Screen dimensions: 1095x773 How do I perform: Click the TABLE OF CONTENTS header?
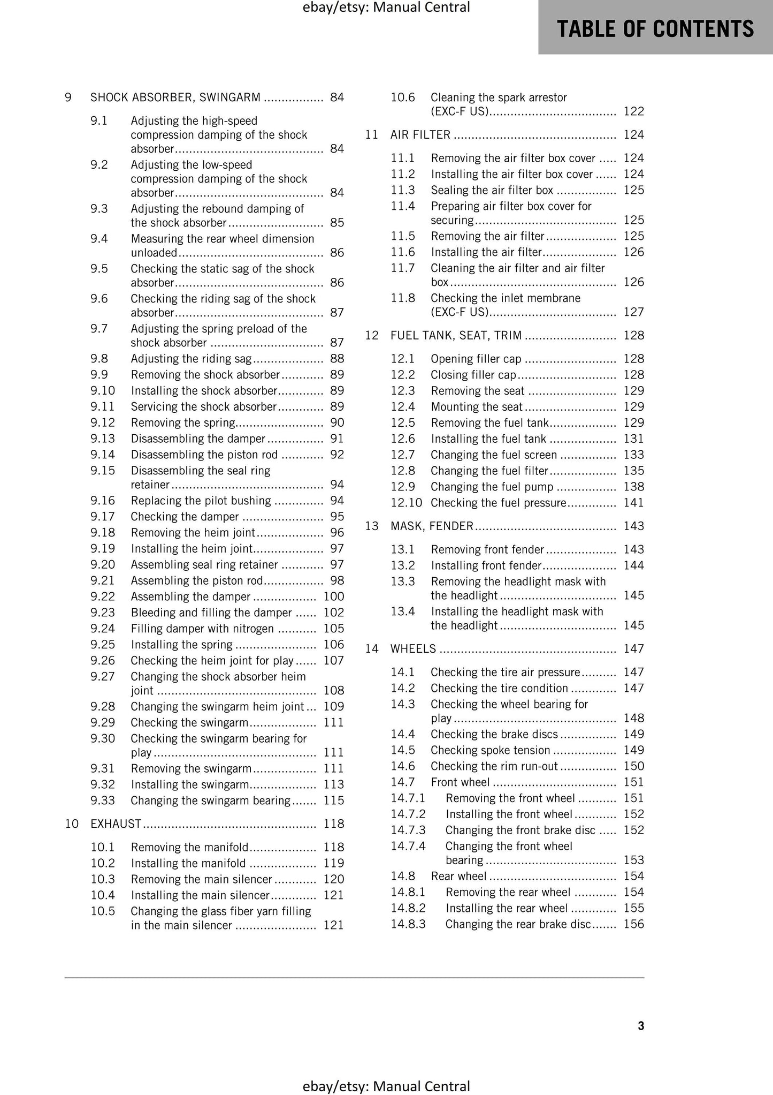coord(655,28)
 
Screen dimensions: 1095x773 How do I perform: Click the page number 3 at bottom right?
coord(641,1025)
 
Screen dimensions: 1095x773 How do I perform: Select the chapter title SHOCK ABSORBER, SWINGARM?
coord(175,97)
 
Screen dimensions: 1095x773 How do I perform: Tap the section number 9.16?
coord(103,501)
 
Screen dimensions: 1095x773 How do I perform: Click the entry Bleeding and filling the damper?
coord(211,613)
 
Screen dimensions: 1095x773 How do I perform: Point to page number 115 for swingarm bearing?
coord(334,801)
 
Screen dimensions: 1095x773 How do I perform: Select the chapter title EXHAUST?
coord(116,824)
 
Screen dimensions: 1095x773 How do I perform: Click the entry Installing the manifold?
coord(188,863)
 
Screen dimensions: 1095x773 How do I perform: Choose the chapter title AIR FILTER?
coord(420,135)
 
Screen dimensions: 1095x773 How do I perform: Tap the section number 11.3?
coord(403,190)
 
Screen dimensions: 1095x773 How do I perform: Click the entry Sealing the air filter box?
coord(492,190)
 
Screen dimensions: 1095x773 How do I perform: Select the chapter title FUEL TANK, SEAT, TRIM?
coord(456,335)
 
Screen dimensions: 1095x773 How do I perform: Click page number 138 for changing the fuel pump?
coord(634,487)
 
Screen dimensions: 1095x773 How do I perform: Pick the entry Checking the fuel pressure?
coord(498,503)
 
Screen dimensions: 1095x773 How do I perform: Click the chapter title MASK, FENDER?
coord(432,526)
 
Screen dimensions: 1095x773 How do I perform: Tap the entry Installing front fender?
coord(486,565)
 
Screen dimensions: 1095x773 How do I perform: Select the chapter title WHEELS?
coord(414,648)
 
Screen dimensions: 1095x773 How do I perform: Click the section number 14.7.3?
coord(408,830)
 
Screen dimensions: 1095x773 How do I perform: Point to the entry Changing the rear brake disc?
coord(518,924)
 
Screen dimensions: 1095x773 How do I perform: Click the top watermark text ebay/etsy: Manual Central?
coord(386,7)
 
